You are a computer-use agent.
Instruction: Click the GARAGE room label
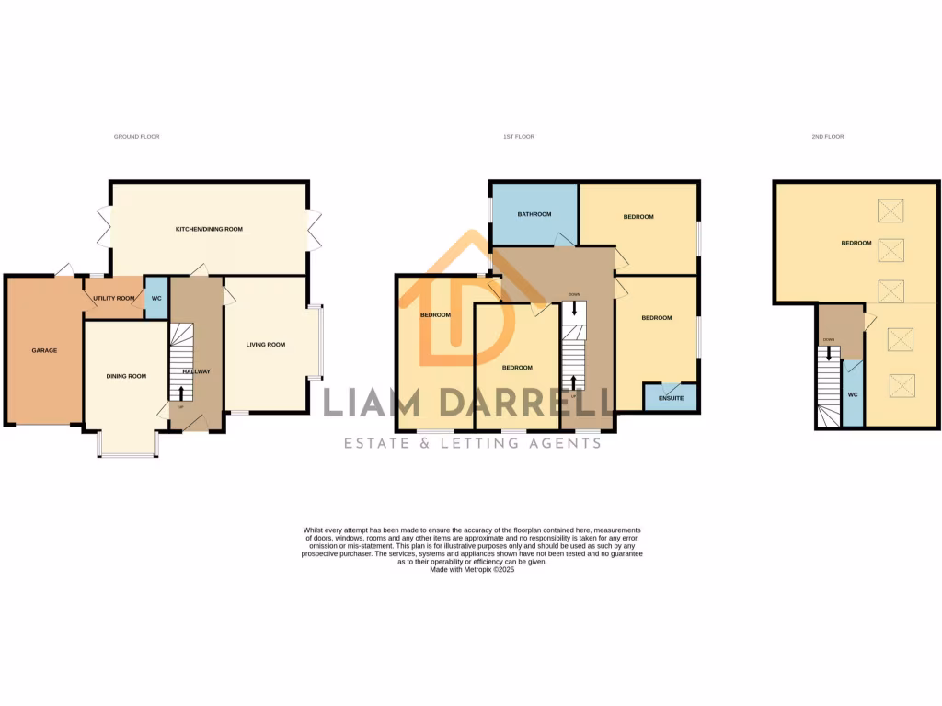44,350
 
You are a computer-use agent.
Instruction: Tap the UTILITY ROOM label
113,299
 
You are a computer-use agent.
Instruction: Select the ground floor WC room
156,298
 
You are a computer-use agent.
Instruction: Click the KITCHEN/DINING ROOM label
209,229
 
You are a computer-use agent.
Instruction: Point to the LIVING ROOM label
265,345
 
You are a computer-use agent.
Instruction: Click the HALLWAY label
196,371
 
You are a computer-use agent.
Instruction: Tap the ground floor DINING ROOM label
125,376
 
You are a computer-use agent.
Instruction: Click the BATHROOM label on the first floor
534,214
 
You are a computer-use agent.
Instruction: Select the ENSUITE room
670,400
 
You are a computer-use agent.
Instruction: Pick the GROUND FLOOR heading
136,136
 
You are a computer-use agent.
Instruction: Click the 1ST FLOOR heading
518,136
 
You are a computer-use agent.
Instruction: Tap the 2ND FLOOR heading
827,136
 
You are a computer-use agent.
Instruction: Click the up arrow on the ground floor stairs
180,393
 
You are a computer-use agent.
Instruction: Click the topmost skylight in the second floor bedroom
890,211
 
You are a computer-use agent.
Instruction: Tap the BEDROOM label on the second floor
856,243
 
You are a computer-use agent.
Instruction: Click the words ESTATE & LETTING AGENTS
472,443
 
